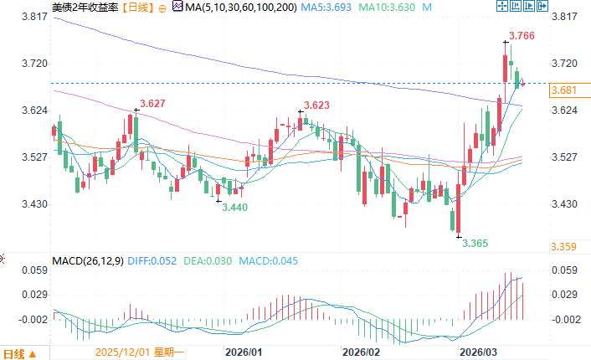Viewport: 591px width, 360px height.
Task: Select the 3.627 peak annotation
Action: (x=152, y=104)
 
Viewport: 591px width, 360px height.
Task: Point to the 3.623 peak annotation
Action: (x=316, y=105)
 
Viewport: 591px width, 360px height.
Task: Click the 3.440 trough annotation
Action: (x=234, y=206)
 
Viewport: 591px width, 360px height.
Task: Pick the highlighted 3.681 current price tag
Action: (x=563, y=90)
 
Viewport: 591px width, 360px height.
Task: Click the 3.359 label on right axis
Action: (x=563, y=246)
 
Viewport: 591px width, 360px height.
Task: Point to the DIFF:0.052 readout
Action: (x=156, y=260)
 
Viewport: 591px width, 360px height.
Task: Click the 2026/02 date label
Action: (x=362, y=352)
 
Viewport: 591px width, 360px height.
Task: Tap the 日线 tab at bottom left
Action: (x=16, y=352)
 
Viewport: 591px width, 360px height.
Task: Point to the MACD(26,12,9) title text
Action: (x=87, y=260)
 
